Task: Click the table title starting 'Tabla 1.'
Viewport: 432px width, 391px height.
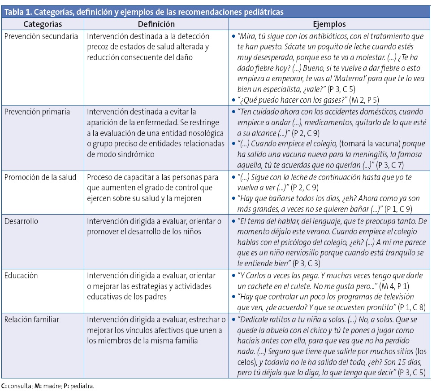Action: click(x=143, y=12)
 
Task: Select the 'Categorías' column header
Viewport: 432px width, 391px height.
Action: click(x=43, y=24)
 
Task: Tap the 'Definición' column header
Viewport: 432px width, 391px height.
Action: click(x=156, y=24)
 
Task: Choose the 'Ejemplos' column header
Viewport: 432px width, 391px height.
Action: click(x=329, y=24)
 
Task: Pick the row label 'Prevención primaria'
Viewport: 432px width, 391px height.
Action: click(x=37, y=112)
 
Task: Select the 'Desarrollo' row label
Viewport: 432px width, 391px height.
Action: click(x=22, y=221)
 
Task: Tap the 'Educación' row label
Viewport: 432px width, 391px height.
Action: click(x=21, y=276)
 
